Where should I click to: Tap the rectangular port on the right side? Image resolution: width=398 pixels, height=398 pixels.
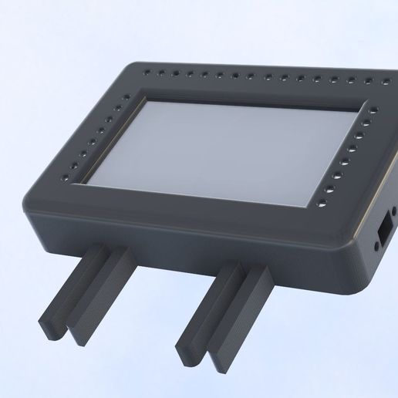pos(382,234)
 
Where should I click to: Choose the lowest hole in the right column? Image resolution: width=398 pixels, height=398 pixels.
pos(321,205)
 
